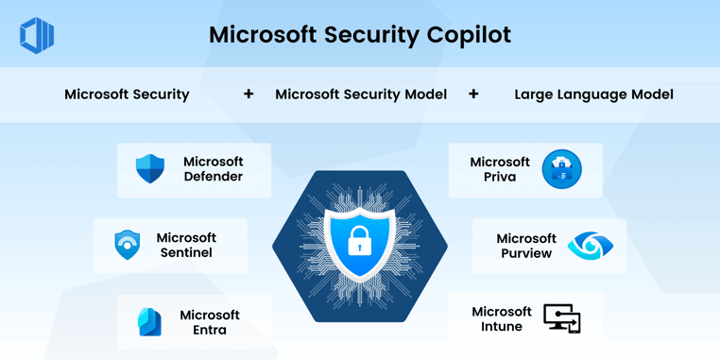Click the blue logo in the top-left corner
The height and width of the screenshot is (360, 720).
point(37,36)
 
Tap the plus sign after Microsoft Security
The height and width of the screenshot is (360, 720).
point(249,94)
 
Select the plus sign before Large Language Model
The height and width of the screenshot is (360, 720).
point(473,94)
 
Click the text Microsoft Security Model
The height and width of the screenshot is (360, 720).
point(361,94)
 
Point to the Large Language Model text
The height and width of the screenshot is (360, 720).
point(593,94)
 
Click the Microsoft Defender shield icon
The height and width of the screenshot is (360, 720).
point(150,169)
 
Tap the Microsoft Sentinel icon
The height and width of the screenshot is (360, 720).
point(128,245)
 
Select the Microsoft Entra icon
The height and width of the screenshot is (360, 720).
point(149,322)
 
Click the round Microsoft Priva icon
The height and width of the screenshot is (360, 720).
point(561,169)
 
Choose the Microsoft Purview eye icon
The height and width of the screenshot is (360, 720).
point(590,246)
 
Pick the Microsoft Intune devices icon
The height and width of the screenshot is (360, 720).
point(562,319)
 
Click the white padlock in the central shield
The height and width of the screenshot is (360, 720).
point(359,243)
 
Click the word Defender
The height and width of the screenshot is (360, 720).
point(213,177)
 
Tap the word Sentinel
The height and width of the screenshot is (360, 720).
point(186,253)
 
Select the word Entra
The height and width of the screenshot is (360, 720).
point(210,330)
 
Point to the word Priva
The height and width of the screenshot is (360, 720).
point(500,177)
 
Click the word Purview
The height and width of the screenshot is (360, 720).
point(526,253)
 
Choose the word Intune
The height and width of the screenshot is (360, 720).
point(502,327)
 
